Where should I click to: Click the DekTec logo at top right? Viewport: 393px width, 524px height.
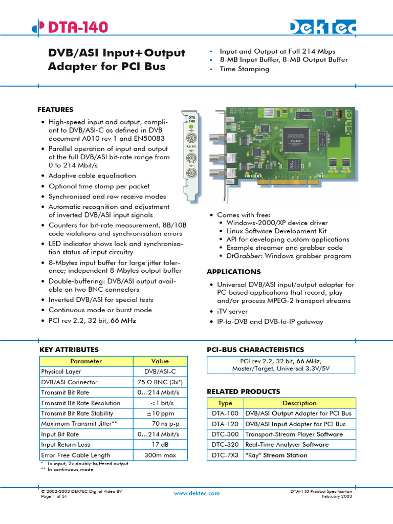(x=323, y=28)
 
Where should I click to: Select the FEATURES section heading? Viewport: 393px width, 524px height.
(x=55, y=110)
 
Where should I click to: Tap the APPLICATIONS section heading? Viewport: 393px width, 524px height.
(x=233, y=272)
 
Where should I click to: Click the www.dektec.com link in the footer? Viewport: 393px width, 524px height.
(x=196, y=493)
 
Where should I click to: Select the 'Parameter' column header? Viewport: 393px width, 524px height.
(x=86, y=361)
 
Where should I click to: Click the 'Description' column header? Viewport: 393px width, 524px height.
(x=299, y=403)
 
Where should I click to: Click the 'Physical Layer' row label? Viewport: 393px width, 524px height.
(x=61, y=372)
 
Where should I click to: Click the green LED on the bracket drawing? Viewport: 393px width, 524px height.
(x=190, y=126)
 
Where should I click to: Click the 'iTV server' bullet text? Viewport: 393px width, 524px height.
(x=232, y=311)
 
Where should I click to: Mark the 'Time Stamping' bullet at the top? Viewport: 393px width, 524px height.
(x=244, y=69)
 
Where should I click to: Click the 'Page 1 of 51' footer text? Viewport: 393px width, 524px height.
(x=54, y=496)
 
